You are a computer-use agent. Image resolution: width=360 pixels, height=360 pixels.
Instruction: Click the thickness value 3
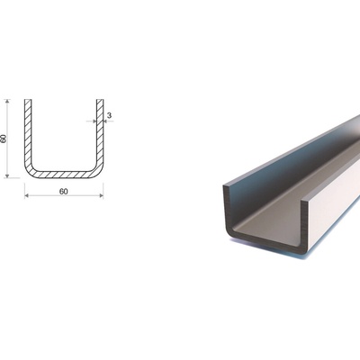click(x=109, y=115)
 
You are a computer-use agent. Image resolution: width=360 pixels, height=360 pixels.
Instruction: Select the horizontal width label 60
click(x=64, y=192)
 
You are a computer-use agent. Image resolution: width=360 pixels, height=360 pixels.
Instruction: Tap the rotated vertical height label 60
click(x=4, y=139)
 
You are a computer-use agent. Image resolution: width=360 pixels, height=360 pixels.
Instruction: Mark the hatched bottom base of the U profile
click(x=64, y=175)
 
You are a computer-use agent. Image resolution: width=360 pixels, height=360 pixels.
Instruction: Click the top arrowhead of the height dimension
click(x=7, y=102)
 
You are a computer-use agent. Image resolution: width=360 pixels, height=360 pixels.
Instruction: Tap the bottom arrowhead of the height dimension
click(x=7, y=175)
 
